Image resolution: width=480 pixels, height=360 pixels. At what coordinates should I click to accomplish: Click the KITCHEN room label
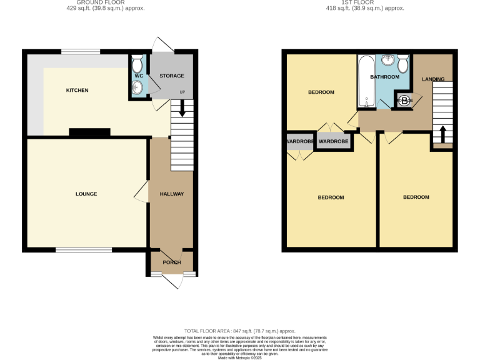(77, 91)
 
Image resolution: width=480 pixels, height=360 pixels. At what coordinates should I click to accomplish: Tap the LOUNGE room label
(86, 194)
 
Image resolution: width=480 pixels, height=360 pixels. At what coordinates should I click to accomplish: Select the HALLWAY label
(171, 194)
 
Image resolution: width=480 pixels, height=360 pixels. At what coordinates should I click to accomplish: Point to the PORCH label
(171, 262)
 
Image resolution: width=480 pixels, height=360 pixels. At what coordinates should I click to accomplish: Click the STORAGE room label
(171, 76)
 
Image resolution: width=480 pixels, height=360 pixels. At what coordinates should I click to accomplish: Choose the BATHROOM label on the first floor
(384, 77)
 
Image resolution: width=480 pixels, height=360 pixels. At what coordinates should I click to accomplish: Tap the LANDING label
(433, 79)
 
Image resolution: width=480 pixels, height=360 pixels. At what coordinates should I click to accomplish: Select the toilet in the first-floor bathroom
(403, 63)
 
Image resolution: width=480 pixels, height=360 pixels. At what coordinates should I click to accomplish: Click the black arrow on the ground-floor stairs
(182, 108)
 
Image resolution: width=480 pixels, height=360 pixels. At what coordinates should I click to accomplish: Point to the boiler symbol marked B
(403, 100)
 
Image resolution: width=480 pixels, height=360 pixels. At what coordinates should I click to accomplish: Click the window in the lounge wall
(84, 250)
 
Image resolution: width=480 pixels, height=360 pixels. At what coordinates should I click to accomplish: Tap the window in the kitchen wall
(81, 52)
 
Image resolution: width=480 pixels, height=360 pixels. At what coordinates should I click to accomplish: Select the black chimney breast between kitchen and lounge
(89, 132)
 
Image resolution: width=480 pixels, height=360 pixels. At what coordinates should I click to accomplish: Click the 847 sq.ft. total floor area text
(240, 331)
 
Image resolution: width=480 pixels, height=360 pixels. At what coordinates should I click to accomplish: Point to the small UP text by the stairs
(182, 93)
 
